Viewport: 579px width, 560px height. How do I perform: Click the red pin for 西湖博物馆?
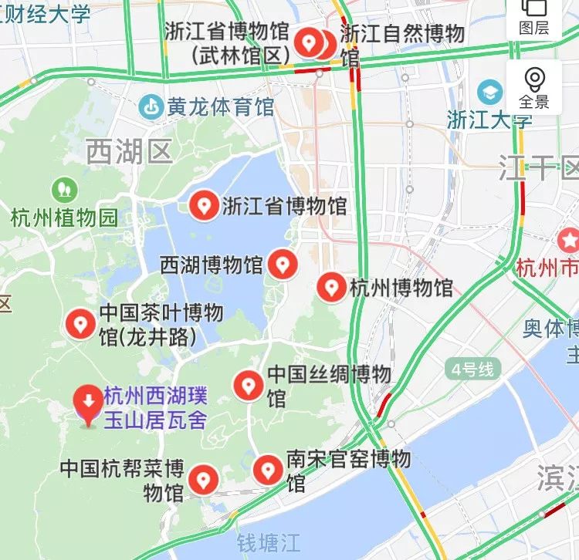[x=283, y=265]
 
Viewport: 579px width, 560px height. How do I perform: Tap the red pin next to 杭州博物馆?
[x=333, y=287]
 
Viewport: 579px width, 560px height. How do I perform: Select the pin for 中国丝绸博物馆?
[x=249, y=384]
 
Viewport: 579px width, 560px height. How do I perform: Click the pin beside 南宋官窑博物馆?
[x=268, y=468]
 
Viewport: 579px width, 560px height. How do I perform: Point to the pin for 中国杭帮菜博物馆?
[x=204, y=479]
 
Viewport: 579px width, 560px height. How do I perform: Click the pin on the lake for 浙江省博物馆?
[x=205, y=205]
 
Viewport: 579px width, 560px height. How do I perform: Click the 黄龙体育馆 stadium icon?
[x=151, y=106]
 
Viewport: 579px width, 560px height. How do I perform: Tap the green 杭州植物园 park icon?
[x=63, y=189]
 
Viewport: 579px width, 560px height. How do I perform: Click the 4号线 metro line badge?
[x=472, y=369]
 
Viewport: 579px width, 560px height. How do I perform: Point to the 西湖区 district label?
[x=128, y=152]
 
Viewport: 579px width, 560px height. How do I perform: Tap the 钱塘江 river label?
[x=267, y=542]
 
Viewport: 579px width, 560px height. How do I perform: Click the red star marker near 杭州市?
[x=569, y=240]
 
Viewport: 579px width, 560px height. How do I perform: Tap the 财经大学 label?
[x=46, y=12]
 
